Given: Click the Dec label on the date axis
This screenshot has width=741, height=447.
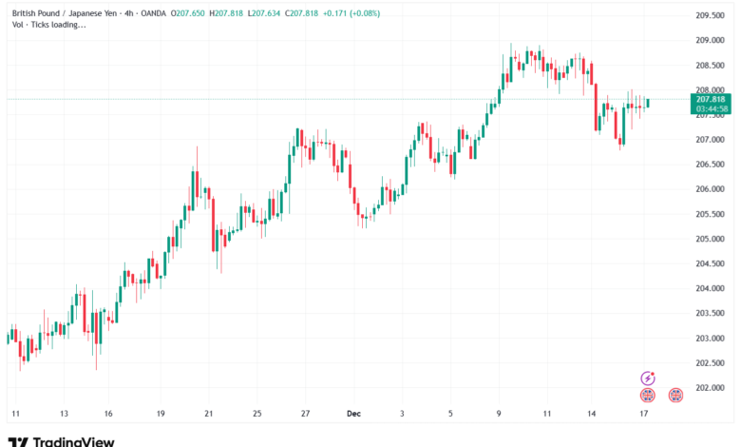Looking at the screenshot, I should (x=353, y=415).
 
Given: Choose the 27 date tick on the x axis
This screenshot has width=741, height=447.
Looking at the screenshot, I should (x=305, y=415).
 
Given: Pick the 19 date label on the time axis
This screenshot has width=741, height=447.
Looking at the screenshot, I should (x=161, y=415).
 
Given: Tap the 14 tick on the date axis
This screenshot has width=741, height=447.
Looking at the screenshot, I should (x=593, y=415).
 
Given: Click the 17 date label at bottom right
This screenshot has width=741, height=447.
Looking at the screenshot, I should (x=643, y=415).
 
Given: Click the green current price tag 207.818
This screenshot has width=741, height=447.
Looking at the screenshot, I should (x=711, y=99).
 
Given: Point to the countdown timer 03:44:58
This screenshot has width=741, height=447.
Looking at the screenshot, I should (x=711, y=108).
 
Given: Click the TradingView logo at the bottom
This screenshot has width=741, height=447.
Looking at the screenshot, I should (x=62, y=440).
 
